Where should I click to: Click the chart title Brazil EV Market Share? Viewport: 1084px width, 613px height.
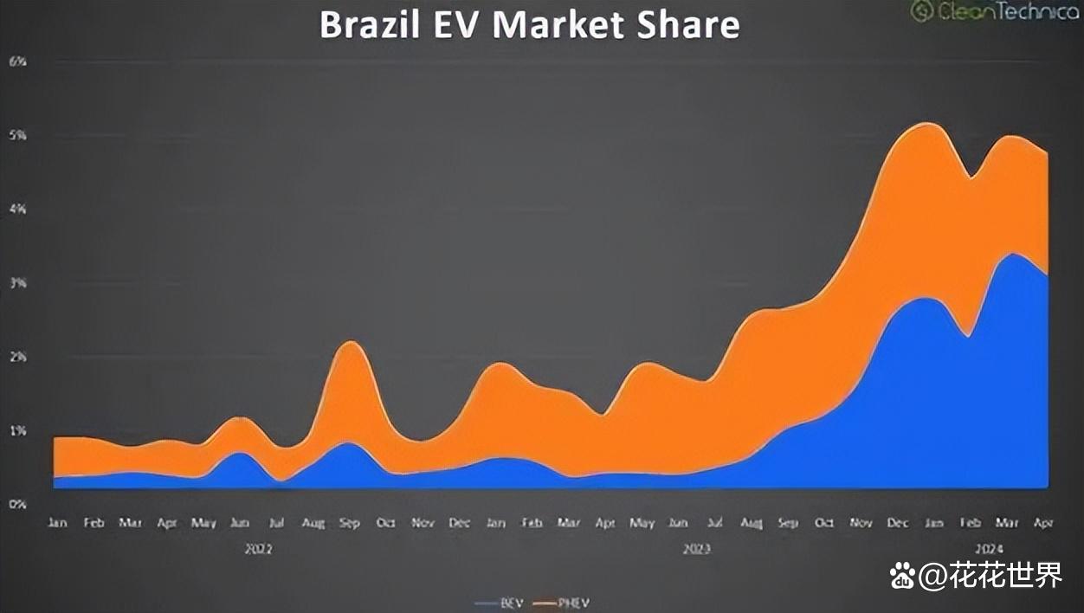coord(529,24)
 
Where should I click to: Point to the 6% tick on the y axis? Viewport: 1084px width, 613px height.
coord(17,61)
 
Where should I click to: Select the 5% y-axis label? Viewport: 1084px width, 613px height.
coord(17,136)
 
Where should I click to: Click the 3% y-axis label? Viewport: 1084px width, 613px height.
coord(17,283)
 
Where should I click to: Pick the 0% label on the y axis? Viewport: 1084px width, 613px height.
coord(17,504)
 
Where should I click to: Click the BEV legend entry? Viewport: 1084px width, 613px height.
coord(500,603)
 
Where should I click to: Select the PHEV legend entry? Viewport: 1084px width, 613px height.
coord(562,603)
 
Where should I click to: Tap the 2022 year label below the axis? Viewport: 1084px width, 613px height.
coord(258,549)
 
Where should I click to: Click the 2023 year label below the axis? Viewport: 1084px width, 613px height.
coord(698,549)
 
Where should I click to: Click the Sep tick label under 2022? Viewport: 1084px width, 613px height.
coord(349,523)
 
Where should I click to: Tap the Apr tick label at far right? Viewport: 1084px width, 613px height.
coord(1042,523)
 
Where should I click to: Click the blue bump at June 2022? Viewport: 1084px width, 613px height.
coord(240,453)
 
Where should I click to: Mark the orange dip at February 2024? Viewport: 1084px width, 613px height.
coord(971,178)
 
